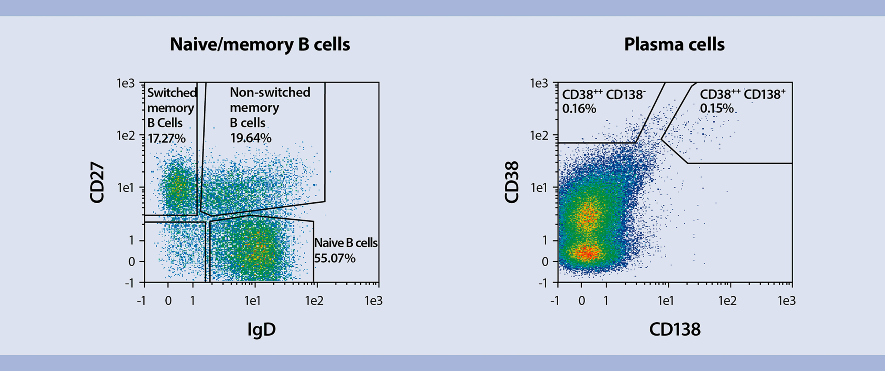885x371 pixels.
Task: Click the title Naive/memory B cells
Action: click(260, 45)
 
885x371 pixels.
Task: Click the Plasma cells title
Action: click(674, 45)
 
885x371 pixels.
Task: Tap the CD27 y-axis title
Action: click(97, 182)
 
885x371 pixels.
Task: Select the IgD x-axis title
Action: click(261, 329)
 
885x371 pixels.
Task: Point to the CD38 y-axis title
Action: click(511, 182)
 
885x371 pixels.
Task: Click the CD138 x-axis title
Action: click(674, 329)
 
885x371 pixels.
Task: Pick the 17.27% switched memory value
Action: click(166, 138)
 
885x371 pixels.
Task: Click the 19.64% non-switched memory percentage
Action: click(251, 138)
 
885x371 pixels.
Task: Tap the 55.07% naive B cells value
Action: click(335, 258)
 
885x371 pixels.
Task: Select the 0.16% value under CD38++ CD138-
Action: click(579, 109)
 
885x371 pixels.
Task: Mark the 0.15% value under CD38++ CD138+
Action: click(716, 108)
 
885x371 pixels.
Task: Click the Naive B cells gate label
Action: click(346, 243)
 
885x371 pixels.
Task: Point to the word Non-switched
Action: click(270, 92)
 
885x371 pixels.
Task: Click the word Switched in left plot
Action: click(172, 93)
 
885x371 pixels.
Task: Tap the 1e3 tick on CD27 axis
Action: click(126, 83)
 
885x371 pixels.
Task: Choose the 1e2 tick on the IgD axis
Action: click(314, 301)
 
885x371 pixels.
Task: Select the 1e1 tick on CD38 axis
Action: click(539, 188)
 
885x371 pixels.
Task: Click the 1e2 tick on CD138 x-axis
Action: click(727, 301)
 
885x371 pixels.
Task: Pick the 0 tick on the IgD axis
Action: click(168, 301)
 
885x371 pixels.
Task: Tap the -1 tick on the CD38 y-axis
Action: click(542, 283)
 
